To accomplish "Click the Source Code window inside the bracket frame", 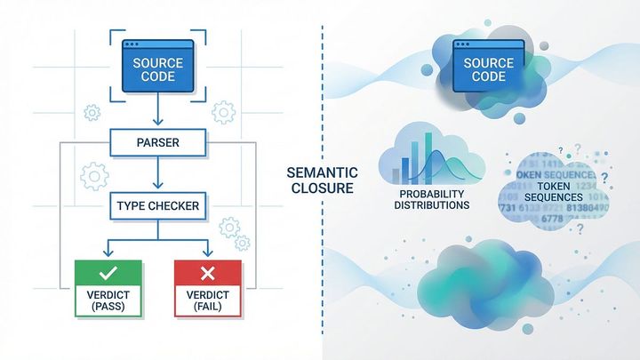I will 158,64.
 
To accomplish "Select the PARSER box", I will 158,140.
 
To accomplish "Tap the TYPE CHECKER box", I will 158,206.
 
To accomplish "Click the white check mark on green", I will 107,273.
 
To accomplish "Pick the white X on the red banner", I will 209,273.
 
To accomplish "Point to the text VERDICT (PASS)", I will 107,300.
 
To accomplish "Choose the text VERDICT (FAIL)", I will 209,300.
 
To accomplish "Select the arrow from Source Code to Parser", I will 158,110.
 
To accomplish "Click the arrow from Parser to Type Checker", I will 158,173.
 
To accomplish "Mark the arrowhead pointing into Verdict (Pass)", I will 107,253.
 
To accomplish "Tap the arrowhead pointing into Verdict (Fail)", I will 209,253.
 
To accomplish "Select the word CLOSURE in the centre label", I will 321,189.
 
